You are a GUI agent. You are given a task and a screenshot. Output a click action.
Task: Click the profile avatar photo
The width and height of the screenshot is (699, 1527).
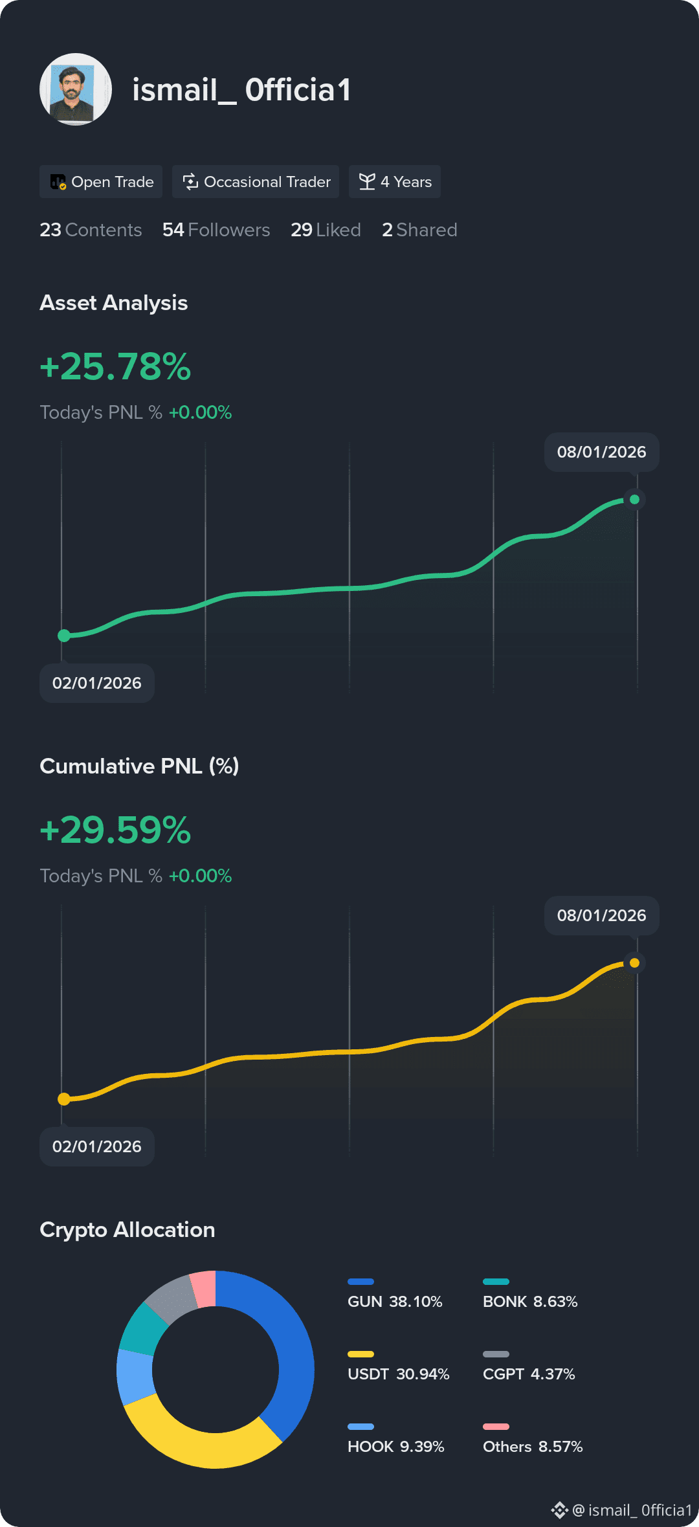pyautogui.click(x=76, y=89)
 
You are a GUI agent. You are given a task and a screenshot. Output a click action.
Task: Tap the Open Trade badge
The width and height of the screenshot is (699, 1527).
pyautogui.click(x=101, y=182)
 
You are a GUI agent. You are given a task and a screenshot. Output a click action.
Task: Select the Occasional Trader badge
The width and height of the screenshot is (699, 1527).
pyautogui.click(x=256, y=182)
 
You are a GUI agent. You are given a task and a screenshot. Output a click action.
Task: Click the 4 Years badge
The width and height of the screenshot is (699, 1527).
pyautogui.click(x=395, y=182)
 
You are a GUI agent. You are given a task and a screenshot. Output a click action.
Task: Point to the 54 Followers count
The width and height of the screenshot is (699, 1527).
pyautogui.click(x=216, y=230)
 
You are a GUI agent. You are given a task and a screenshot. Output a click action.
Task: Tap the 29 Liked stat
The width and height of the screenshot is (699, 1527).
pyautogui.click(x=326, y=230)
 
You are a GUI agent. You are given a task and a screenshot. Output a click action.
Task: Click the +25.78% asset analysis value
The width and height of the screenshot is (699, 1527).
pyautogui.click(x=115, y=366)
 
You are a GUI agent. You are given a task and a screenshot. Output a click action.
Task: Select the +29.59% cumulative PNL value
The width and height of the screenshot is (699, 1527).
pyautogui.click(x=115, y=830)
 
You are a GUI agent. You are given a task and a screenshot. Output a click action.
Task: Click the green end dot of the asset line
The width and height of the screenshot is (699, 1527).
pyautogui.click(x=634, y=499)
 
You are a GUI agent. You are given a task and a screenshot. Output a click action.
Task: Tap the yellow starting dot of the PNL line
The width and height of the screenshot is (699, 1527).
pyautogui.click(x=64, y=1098)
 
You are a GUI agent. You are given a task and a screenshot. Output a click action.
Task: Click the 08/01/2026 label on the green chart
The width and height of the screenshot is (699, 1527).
pyautogui.click(x=602, y=452)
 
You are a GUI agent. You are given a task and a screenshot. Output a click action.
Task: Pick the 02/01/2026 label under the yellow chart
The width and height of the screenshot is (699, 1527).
pyautogui.click(x=97, y=1146)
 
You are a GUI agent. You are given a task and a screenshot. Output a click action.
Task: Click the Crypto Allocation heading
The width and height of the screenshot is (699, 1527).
pyautogui.click(x=128, y=1230)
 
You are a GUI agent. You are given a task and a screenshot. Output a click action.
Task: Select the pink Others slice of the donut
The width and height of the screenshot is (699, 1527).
pyautogui.click(x=203, y=1289)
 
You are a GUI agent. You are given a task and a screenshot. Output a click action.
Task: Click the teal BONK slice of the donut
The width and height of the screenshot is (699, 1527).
pyautogui.click(x=142, y=1328)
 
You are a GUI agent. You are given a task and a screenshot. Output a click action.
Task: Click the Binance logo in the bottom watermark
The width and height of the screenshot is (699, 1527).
pyautogui.click(x=559, y=1510)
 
